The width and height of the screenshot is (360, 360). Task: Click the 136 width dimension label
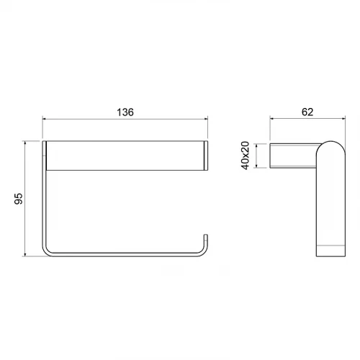click(x=125, y=112)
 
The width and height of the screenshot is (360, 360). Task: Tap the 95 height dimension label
click(x=19, y=199)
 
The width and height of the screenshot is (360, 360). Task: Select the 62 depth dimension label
click(x=307, y=112)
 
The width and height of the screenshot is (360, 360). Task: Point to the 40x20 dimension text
click(x=246, y=156)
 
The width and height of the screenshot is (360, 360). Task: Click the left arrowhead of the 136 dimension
click(x=44, y=119)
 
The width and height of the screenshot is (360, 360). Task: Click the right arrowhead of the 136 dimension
click(x=206, y=119)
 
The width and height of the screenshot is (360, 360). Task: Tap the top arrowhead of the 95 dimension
click(x=25, y=143)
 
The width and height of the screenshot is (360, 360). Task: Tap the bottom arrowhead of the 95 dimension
click(x=25, y=254)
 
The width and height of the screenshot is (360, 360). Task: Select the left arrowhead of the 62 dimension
click(x=271, y=118)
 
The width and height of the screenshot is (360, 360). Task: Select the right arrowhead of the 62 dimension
click(x=343, y=118)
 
